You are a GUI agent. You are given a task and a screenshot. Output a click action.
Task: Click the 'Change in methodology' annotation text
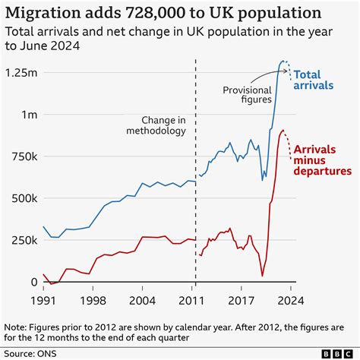coord(164,126)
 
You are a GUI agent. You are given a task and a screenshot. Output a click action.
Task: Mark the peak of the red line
coord(283,131)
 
